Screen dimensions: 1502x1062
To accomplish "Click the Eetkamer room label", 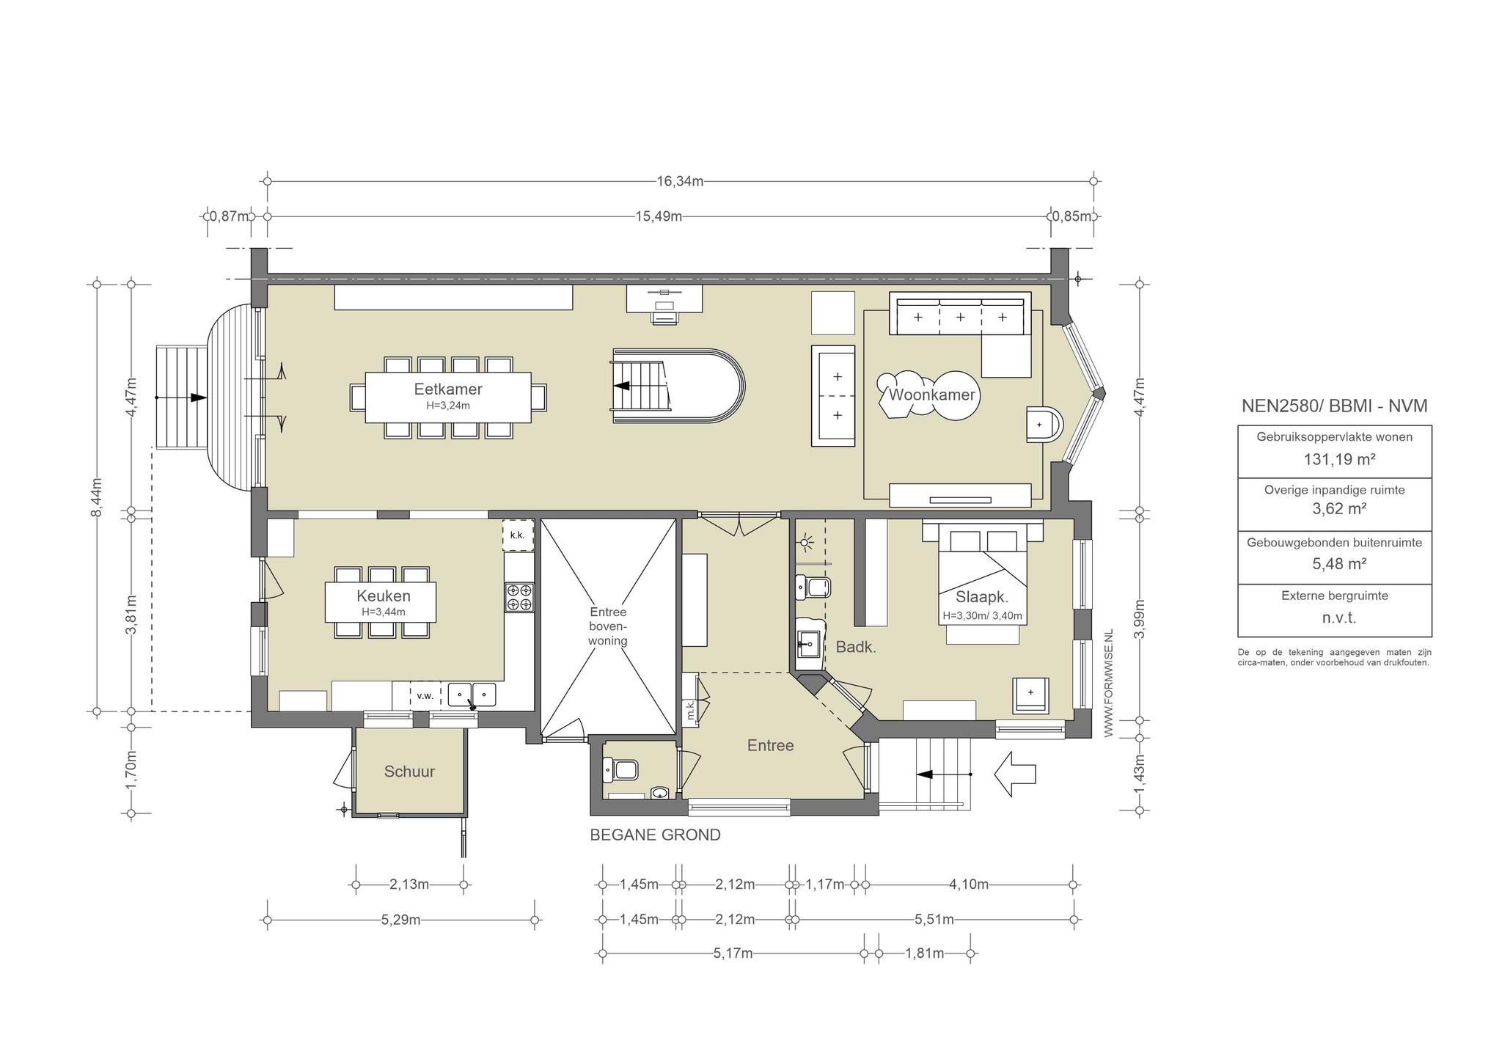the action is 448,389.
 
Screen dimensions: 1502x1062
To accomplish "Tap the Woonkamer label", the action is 931,395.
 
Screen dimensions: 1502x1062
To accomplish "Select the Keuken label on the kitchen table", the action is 384,596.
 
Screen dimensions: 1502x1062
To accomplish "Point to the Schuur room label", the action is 409,772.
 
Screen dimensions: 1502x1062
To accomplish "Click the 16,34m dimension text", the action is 680,181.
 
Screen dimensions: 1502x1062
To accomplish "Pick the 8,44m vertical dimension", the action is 98,497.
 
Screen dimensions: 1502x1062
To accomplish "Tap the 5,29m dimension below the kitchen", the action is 400,920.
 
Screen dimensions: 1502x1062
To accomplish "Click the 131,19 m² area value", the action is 1338,460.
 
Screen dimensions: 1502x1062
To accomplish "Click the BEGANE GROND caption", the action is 656,835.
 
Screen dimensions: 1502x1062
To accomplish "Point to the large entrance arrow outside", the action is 1014,774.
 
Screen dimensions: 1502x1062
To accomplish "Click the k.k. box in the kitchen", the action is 518,535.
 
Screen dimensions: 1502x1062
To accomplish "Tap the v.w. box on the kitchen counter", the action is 425,695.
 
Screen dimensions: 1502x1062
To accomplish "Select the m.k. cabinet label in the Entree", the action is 690,709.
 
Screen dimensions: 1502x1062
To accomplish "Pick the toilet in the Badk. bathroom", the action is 813,587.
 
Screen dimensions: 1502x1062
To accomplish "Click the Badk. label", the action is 856,648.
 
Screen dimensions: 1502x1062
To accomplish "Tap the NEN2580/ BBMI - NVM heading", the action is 1335,406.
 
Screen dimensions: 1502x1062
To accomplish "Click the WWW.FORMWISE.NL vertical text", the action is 1108,683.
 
